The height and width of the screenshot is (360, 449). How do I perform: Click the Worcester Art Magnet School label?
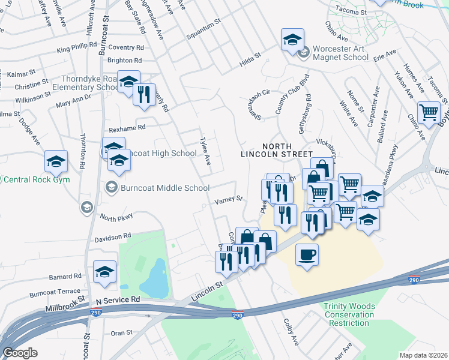335,52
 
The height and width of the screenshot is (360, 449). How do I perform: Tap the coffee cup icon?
307,254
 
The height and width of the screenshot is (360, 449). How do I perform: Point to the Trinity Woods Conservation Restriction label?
349,314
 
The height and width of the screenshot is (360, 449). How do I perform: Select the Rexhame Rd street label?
127,127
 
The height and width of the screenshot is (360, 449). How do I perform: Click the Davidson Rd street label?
112,236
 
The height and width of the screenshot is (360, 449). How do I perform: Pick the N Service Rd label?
118,299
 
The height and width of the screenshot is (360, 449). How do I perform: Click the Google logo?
20,352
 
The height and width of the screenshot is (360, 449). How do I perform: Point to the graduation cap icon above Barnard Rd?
104,271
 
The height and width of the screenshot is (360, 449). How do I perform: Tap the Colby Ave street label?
291,331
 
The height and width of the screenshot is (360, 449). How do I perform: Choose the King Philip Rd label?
77,46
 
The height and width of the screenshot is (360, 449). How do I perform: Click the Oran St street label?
121,332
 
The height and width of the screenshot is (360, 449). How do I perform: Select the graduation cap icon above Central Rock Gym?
56,160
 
